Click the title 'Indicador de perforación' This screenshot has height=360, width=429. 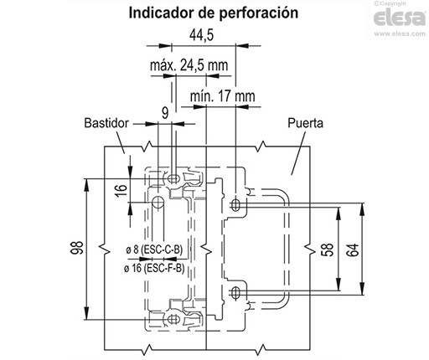pos(213,14)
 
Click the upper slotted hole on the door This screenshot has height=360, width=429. pos(235,203)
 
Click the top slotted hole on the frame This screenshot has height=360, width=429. pos(173,178)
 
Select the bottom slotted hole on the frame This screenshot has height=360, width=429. pos(173,317)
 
